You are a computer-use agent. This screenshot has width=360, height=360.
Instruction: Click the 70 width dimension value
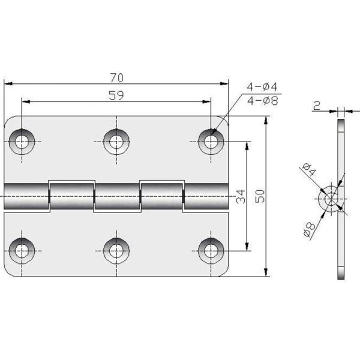117,77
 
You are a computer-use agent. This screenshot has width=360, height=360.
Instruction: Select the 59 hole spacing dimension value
117,95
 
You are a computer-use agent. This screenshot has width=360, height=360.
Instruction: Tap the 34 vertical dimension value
240,196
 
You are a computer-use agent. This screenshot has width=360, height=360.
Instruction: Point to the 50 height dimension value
259,196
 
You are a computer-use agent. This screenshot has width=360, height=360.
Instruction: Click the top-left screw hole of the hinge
22,141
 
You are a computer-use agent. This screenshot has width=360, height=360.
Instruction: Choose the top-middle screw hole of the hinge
116,141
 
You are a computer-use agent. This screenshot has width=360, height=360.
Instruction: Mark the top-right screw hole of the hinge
211,141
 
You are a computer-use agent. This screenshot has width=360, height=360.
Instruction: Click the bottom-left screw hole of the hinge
22,249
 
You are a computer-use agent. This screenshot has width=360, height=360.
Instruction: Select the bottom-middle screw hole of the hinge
116,249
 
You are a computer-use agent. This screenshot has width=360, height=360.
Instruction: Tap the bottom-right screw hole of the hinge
211,249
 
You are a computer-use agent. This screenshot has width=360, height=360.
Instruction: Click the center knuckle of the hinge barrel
116,196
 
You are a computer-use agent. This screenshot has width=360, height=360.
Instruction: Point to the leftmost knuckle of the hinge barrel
26,196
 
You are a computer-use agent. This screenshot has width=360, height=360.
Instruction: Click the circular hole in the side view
329,199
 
